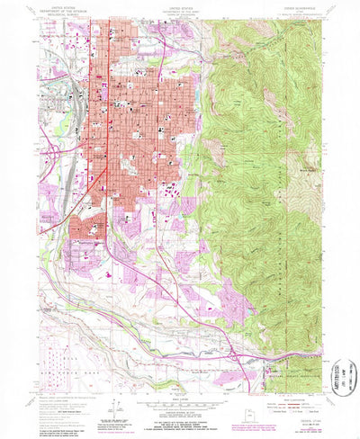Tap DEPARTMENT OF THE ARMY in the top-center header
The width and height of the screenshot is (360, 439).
180,11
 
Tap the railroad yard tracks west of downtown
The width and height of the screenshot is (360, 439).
77,99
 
